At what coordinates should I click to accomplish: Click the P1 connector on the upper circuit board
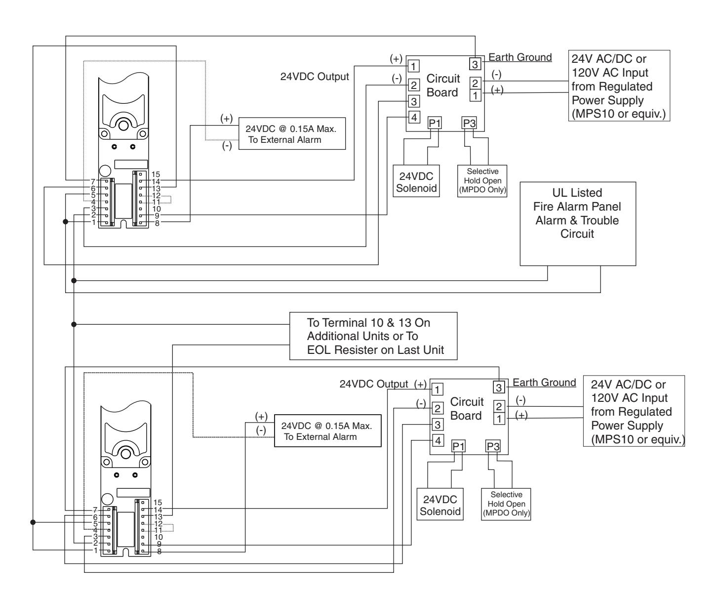pyautogui.click(x=435, y=123)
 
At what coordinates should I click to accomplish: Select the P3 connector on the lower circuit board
pyautogui.click(x=493, y=446)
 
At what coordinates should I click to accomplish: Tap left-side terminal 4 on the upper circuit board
pyautogui.click(x=414, y=117)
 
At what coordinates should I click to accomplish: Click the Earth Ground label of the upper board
pyautogui.click(x=520, y=57)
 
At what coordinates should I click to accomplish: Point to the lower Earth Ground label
pyautogui.click(x=544, y=383)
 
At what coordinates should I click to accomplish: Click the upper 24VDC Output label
pyautogui.click(x=314, y=77)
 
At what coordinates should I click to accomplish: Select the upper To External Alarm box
pyautogui.click(x=292, y=133)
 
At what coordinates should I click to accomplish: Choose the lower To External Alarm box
pyautogui.click(x=328, y=430)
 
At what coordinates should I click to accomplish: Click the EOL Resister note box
pyautogui.click(x=373, y=336)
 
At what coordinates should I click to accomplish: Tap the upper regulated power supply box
pyautogui.click(x=619, y=86)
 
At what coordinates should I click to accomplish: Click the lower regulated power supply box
pyautogui.click(x=634, y=411)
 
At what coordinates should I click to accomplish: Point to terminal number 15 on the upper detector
pyautogui.click(x=156, y=174)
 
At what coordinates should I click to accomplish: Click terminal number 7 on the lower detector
pyautogui.click(x=95, y=510)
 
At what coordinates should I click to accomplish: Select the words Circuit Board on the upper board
pyautogui.click(x=443, y=86)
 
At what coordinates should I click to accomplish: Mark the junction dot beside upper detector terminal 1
pyautogui.click(x=65, y=222)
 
